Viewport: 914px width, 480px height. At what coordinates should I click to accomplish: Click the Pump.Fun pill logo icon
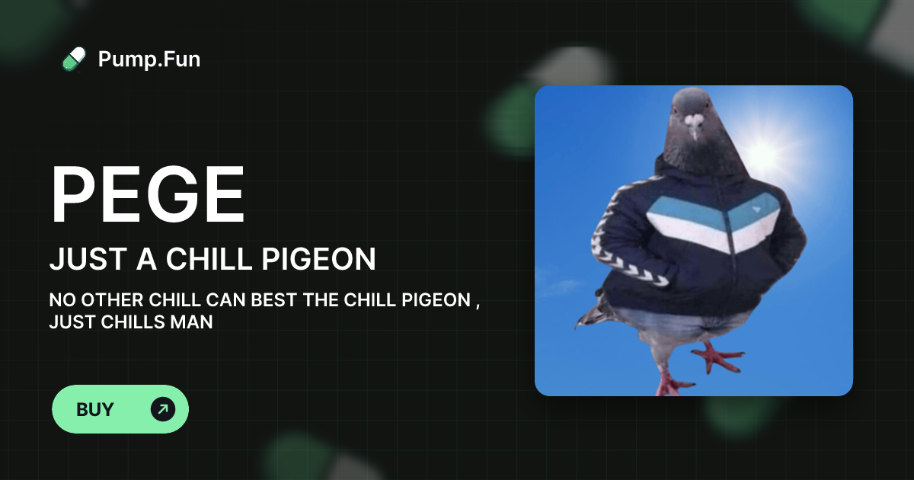tap(74, 59)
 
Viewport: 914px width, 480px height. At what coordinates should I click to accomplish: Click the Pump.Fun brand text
tap(149, 59)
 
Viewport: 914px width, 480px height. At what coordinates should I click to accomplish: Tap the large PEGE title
tap(148, 195)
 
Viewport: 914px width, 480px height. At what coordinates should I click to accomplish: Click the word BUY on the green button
tap(95, 409)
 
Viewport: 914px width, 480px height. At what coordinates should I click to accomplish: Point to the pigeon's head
tap(695, 114)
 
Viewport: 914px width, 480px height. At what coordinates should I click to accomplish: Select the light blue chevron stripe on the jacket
tap(685, 210)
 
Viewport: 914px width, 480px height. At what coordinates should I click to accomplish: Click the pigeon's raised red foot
tap(716, 356)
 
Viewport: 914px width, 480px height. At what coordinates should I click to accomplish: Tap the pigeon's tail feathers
tap(590, 312)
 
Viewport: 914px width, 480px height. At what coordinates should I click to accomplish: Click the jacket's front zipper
tap(730, 244)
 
